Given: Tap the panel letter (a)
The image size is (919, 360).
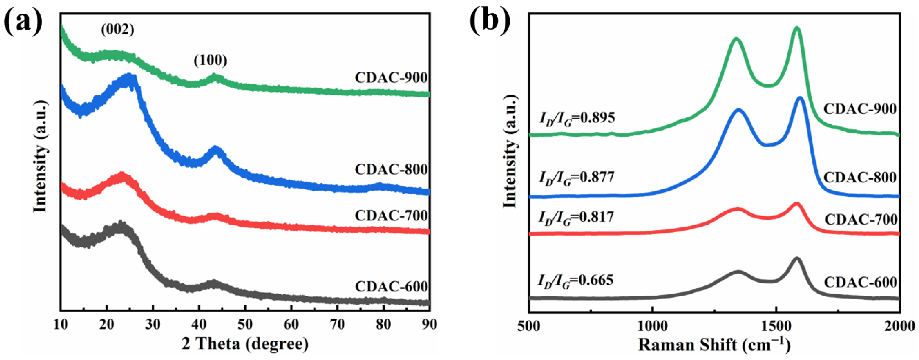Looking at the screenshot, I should pos(23,22).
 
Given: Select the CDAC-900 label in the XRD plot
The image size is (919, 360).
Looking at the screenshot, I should pos(391,78).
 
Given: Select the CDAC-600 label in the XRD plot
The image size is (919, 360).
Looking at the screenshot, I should pos(391,286).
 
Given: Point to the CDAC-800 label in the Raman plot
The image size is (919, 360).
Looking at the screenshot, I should pos(860,177).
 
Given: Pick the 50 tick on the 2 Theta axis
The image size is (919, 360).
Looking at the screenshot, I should pos(245,325).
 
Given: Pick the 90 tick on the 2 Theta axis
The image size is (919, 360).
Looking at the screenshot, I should pos(429,325).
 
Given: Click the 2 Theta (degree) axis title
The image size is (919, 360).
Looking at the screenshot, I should pos(245,344).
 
